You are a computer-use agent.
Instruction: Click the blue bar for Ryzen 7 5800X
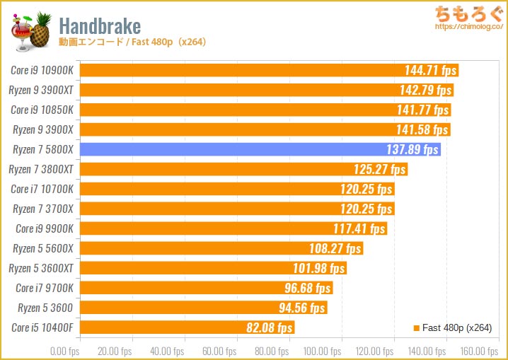[x=260, y=149]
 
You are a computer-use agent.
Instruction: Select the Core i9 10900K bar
[x=269, y=70]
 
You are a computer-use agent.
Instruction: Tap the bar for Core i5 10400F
[x=187, y=327]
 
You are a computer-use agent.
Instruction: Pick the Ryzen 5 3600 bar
[x=203, y=308]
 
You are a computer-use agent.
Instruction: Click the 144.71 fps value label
[x=429, y=70]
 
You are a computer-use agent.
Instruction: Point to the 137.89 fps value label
[x=412, y=149]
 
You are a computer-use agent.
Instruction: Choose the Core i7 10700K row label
[x=42, y=189]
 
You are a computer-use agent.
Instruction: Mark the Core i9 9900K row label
[x=45, y=228]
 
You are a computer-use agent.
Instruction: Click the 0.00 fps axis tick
[x=64, y=352]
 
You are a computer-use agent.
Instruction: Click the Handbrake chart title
[x=100, y=26]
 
